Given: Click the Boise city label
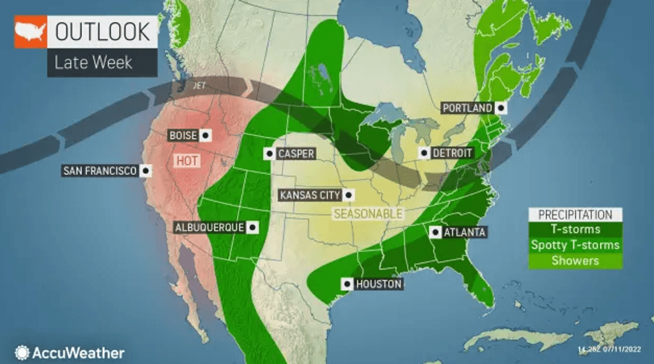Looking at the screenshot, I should click(182, 136).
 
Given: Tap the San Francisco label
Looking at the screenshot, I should click(100, 171).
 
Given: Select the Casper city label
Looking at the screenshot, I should click(296, 154).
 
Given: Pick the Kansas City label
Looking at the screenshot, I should click(310, 195).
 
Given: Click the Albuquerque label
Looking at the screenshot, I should click(209, 227).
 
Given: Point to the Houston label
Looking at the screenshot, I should click(378, 284).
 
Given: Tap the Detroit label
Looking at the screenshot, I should click(452, 153).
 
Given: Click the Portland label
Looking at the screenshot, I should click(466, 108).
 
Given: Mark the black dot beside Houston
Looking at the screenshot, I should click(346, 284).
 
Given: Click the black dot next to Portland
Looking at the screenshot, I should click(500, 108).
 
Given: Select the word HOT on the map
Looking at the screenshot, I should click(186, 161).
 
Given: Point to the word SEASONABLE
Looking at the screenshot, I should click(368, 214).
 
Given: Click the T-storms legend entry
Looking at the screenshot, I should click(575, 230).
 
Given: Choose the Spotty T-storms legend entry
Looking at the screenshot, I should click(575, 245).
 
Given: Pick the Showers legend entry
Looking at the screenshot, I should click(575, 260).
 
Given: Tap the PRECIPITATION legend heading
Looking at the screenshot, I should click(575, 215).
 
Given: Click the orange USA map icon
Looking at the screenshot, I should click(31, 31).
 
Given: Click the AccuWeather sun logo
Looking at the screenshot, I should click(22, 352).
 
